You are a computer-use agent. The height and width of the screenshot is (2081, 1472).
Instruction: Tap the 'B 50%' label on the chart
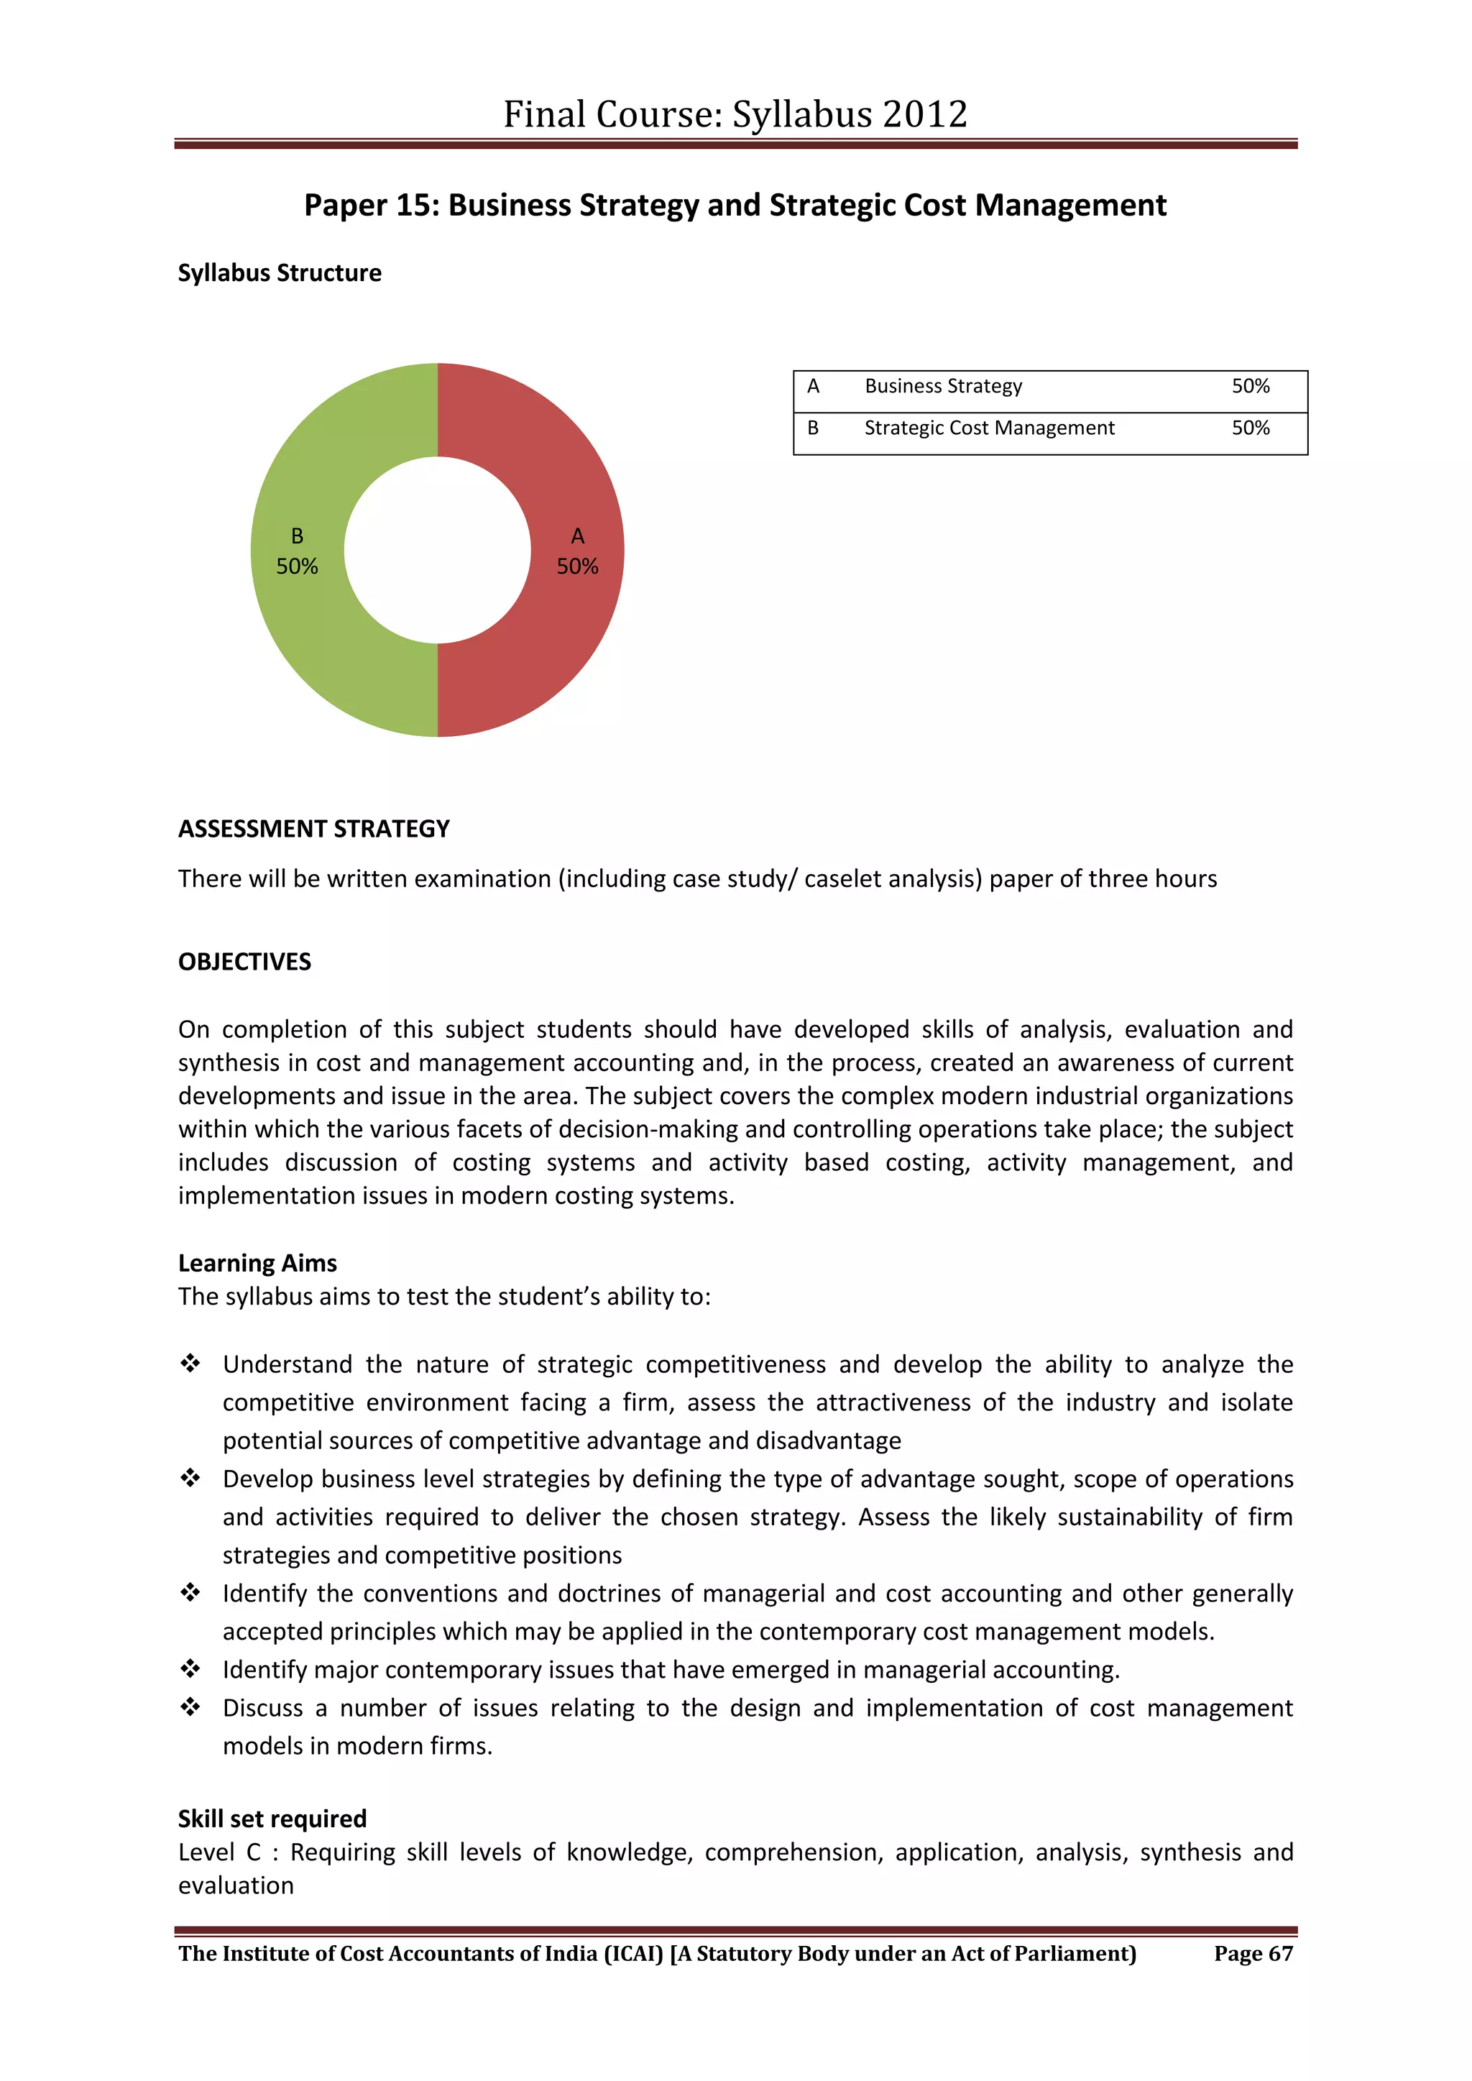click(298, 551)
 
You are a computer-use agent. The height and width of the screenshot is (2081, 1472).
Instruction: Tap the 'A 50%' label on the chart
click(577, 551)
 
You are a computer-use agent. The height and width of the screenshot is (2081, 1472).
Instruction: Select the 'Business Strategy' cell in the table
click(943, 386)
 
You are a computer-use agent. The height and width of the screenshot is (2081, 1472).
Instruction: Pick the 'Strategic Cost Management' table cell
click(989, 428)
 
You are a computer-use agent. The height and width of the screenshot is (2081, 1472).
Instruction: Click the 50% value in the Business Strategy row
click(1250, 386)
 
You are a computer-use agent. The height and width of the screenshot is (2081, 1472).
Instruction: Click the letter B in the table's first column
click(813, 428)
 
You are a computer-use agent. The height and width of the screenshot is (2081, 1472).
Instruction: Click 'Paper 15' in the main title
click(371, 206)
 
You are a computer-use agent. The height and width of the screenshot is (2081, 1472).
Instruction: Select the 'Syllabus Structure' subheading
click(279, 273)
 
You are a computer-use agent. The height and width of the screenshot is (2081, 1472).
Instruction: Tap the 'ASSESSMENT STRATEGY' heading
click(313, 828)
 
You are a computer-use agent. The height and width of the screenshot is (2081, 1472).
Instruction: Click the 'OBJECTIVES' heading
click(244, 962)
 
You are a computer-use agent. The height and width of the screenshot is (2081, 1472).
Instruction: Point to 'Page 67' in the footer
click(1253, 1953)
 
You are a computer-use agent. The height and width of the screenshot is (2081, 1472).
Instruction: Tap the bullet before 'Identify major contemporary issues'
click(190, 1668)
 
